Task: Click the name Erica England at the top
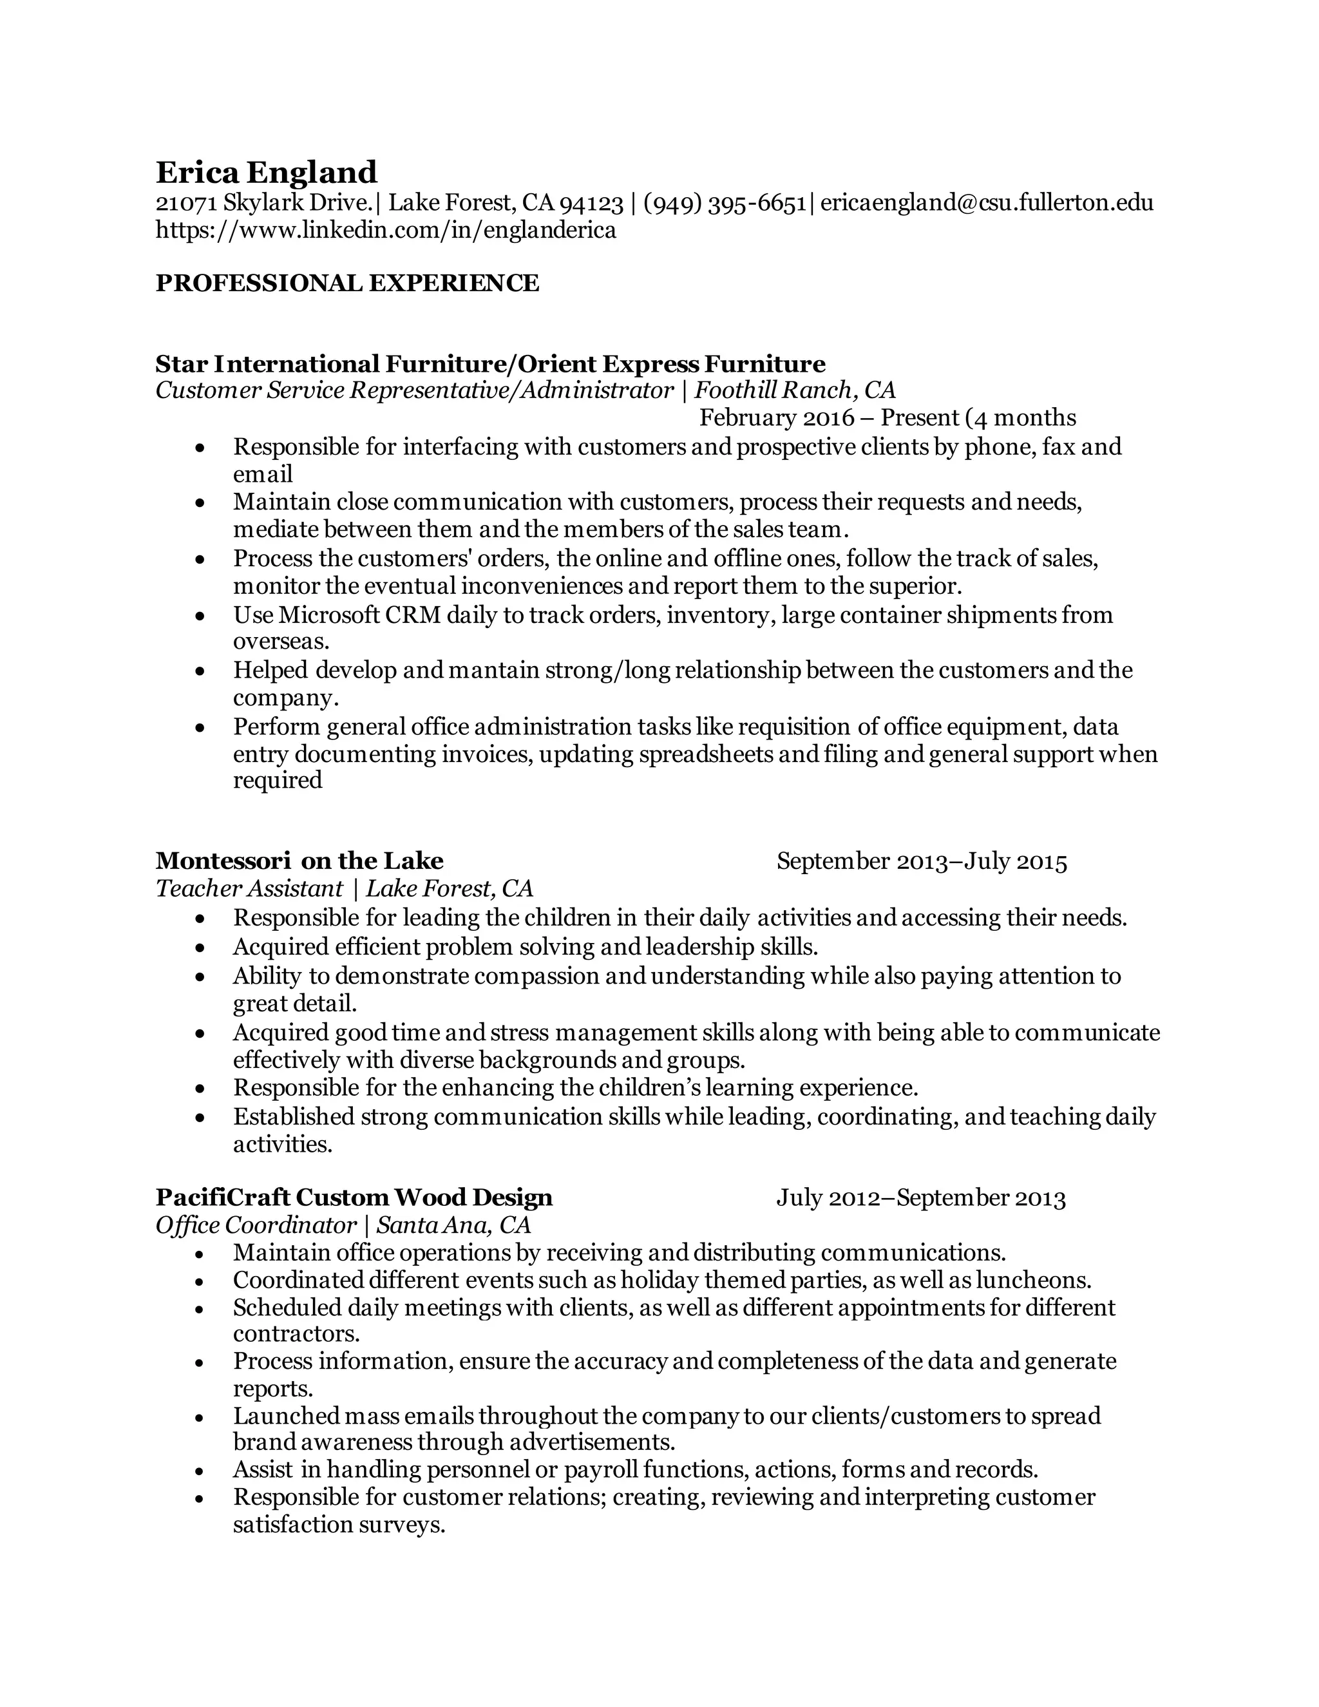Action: (266, 173)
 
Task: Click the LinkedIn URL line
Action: (386, 231)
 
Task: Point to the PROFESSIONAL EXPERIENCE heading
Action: (347, 283)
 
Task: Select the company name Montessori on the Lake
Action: (299, 861)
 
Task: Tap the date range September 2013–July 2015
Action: (921, 861)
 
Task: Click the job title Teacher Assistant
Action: (249, 889)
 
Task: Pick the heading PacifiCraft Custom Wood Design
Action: (354, 1197)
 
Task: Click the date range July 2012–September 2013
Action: (920, 1198)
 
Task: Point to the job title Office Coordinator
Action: (256, 1225)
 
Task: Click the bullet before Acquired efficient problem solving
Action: (201, 948)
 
